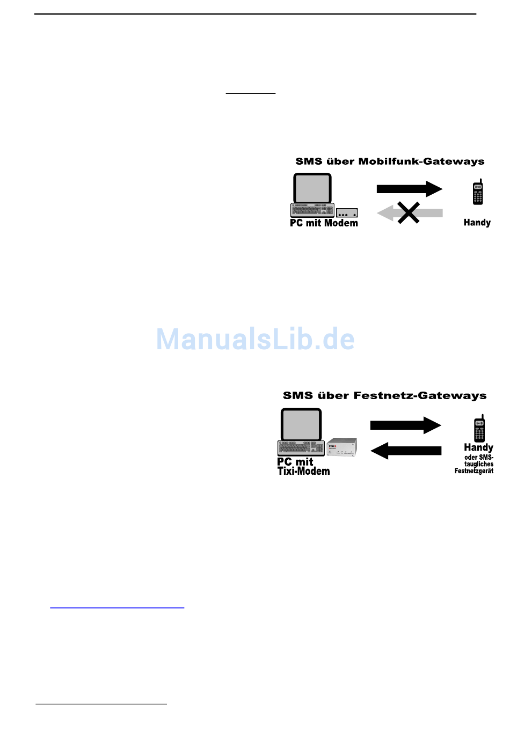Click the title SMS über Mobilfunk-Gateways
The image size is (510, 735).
[390, 161]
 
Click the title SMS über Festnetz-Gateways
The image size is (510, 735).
[384, 396]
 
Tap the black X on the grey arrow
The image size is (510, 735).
[409, 212]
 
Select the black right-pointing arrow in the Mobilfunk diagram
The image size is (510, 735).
[409, 189]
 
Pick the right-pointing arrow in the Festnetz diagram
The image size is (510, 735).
[405, 425]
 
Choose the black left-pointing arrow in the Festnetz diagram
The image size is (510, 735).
[406, 451]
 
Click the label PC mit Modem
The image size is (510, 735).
[324, 223]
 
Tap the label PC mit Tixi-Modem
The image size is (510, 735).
[303, 466]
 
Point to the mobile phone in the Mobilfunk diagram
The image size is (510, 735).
[478, 193]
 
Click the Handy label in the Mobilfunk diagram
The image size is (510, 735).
[477, 223]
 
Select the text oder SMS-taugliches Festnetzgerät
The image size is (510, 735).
[475, 464]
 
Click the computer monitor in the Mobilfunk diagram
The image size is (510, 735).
[312, 188]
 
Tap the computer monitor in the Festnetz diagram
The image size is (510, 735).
[301, 424]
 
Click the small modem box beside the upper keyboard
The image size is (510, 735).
[347, 213]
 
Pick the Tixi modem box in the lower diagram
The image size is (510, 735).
[342, 447]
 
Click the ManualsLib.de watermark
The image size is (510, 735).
[256, 339]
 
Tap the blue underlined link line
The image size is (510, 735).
[117, 607]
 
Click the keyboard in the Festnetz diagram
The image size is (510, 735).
[301, 448]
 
